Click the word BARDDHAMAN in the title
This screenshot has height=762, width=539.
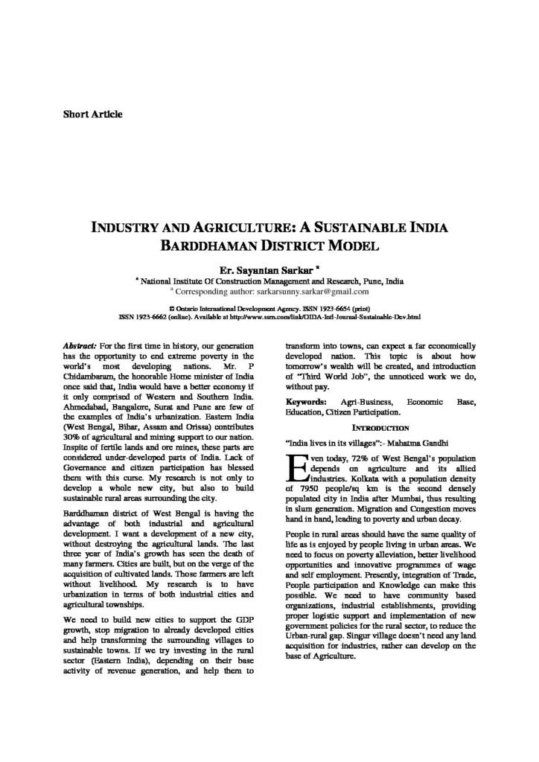pos(202,243)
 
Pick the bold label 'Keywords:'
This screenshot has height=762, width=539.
pos(306,402)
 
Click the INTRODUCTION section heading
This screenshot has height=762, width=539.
pos(380,428)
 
